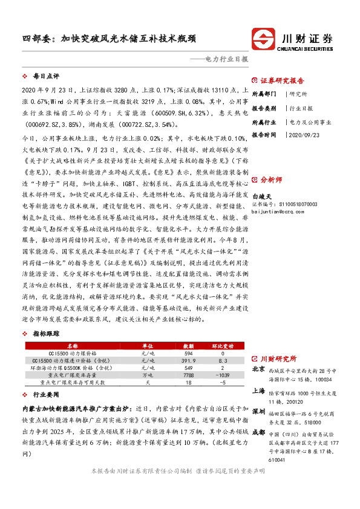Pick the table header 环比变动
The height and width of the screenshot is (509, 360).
[223, 345]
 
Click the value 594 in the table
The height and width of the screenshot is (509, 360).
[188, 352]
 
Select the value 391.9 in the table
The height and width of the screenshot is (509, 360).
[188, 360]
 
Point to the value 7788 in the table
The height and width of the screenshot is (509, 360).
[188, 375]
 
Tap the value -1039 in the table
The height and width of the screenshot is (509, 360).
[223, 375]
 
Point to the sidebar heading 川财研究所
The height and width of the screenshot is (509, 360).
[278, 357]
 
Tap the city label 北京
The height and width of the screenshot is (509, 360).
[258, 369]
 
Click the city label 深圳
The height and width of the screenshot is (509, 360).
[258, 411]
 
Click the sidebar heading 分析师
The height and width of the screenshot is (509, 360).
[271, 180]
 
